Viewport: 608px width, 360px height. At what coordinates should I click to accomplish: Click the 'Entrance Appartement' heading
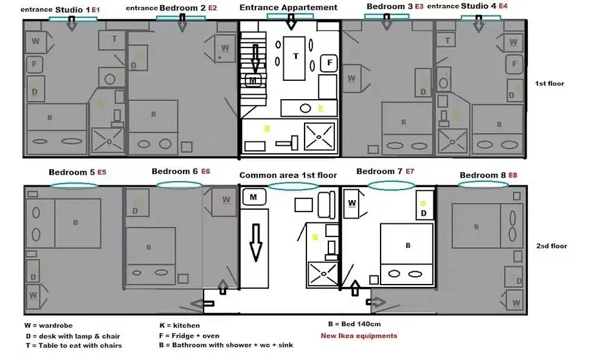[x=288, y=7]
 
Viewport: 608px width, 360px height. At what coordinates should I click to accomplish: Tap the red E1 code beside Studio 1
[x=95, y=10]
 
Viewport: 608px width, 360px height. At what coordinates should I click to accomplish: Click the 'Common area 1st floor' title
[x=288, y=175]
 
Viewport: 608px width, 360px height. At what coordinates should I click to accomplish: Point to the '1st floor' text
[x=550, y=83]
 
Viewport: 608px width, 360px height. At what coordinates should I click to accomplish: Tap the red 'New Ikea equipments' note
[x=359, y=336]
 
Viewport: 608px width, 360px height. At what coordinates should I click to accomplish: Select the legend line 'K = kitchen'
[x=179, y=325]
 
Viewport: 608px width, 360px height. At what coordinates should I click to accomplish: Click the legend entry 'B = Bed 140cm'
[x=354, y=324]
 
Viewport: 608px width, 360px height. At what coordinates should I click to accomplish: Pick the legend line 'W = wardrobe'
[x=48, y=326]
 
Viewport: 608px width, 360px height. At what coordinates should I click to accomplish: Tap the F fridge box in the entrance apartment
[x=329, y=63]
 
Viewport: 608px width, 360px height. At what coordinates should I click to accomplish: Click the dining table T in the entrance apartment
[x=296, y=57]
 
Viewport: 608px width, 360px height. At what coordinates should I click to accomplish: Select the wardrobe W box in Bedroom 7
[x=352, y=204]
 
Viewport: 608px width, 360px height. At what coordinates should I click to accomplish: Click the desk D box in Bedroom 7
[x=424, y=208]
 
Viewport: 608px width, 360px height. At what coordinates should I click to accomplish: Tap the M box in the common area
[x=253, y=197]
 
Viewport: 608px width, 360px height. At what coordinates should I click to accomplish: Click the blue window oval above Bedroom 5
[x=75, y=186]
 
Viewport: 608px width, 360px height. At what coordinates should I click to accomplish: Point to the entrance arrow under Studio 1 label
[x=71, y=23]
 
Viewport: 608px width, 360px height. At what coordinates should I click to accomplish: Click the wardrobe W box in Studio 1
[x=35, y=41]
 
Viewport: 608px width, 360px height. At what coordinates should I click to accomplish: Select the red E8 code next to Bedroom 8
[x=514, y=175]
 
